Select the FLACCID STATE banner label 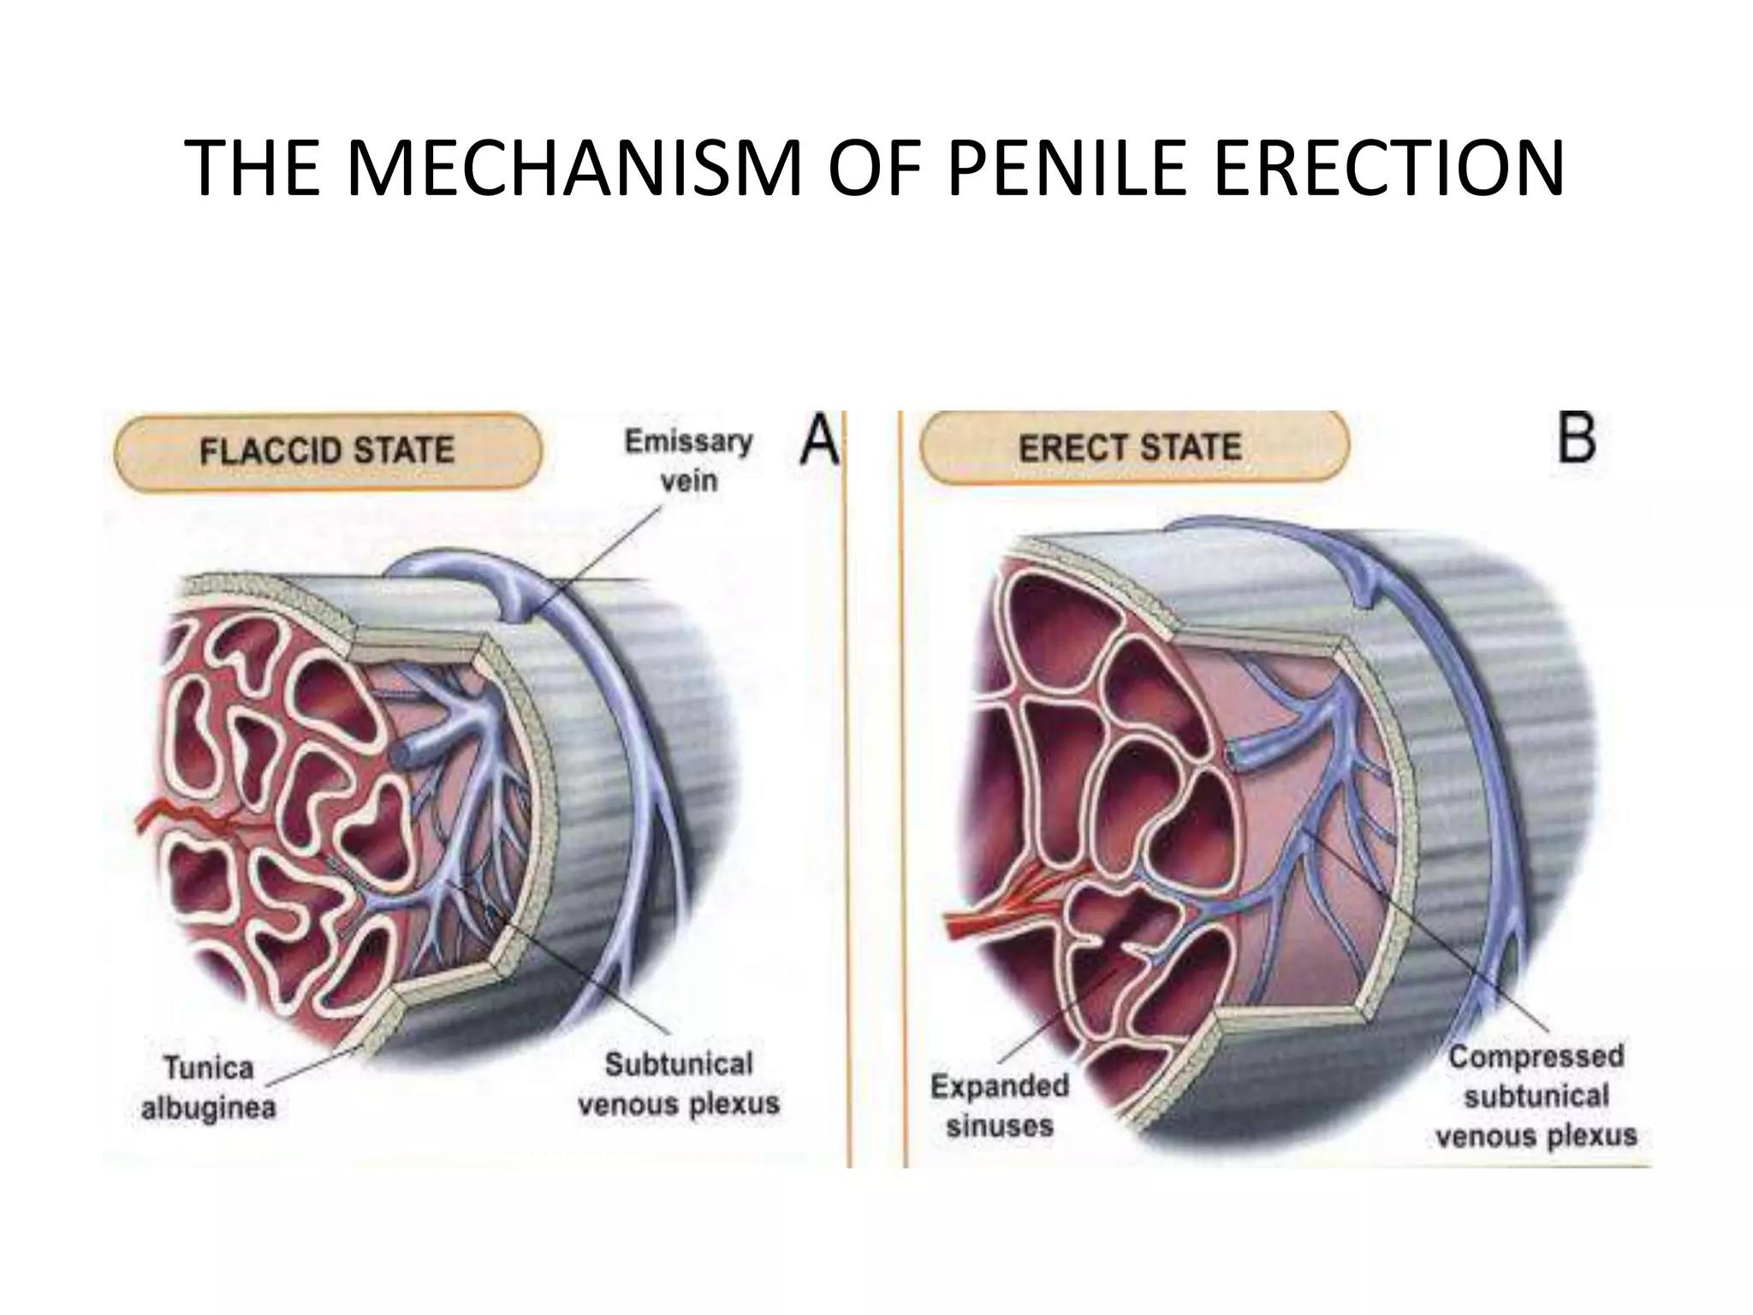[327, 450]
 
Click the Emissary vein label [689, 461]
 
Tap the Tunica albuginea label [208, 1088]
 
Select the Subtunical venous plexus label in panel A [679, 1083]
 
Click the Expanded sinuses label [1000, 1105]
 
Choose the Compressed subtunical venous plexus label [1536, 1096]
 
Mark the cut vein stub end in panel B [1233, 754]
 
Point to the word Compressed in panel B [1536, 1056]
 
